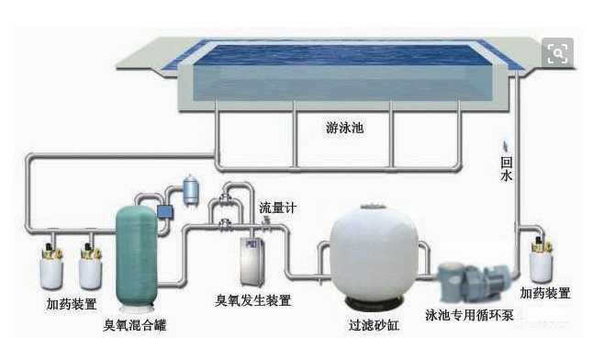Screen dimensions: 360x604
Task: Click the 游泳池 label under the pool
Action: point(345,129)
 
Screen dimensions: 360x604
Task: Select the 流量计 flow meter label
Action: point(277,208)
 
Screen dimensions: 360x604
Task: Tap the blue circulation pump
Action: point(472,279)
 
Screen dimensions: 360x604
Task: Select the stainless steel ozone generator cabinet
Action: point(253,261)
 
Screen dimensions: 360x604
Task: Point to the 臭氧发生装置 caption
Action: point(253,300)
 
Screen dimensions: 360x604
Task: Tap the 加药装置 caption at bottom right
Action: point(544,293)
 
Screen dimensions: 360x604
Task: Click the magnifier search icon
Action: point(557,53)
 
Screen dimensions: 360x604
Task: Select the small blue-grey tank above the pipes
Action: point(192,189)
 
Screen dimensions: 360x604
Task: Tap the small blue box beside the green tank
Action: point(166,212)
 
